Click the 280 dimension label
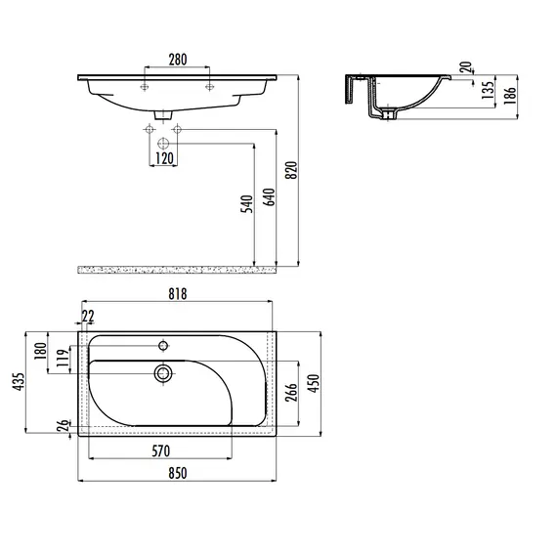(x=178, y=60)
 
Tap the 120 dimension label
(x=164, y=158)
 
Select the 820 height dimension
(x=291, y=170)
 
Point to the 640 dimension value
(x=270, y=197)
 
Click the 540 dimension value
(x=247, y=204)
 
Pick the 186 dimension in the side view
(x=510, y=95)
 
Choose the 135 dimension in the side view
(x=489, y=90)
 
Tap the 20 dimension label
(x=466, y=67)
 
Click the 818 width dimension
(x=177, y=294)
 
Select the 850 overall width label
(x=177, y=473)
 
